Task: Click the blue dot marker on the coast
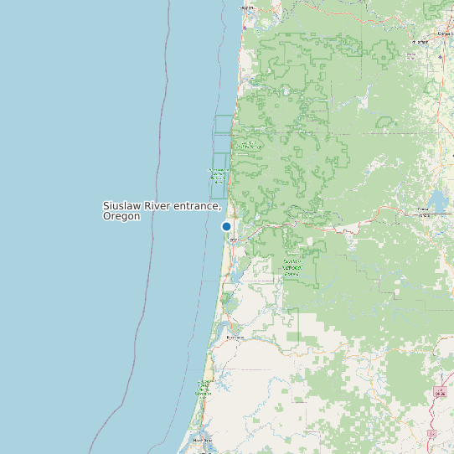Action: [226, 226]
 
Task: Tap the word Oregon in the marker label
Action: [121, 216]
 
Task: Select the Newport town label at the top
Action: [247, 8]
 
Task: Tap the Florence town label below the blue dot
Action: [234, 239]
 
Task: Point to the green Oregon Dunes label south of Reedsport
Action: [204, 387]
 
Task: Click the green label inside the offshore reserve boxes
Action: [218, 175]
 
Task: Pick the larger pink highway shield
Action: [441, 392]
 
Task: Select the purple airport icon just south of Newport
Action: [247, 20]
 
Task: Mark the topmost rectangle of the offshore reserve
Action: [223, 124]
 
